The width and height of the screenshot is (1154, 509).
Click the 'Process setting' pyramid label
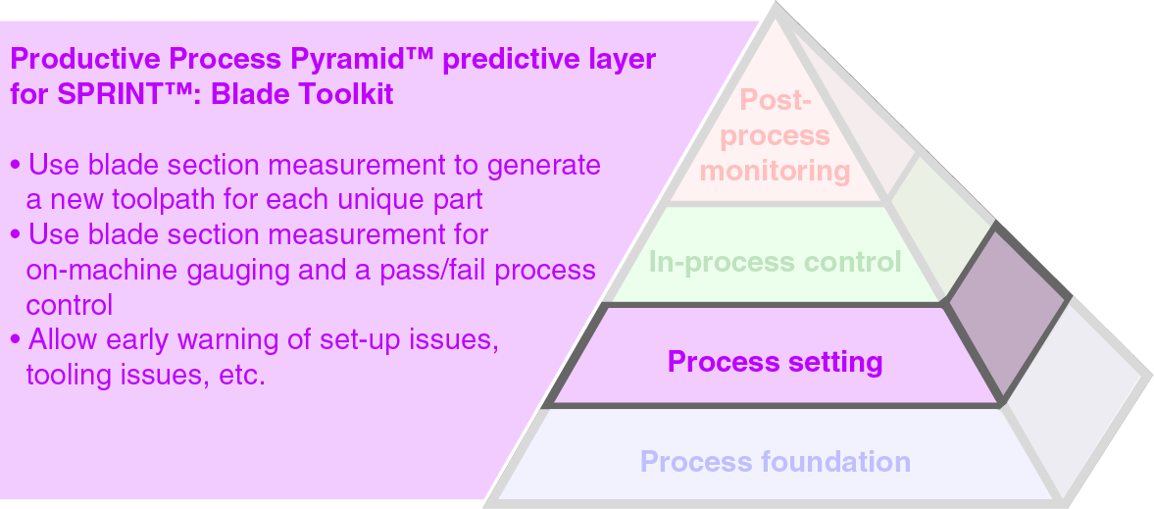pos(775,362)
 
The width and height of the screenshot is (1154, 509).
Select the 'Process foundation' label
pos(775,461)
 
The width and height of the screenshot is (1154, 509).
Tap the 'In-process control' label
pos(775,262)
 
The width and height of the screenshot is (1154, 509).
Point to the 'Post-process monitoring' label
pos(775,135)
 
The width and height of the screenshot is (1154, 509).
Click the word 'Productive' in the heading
pos(84,59)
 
